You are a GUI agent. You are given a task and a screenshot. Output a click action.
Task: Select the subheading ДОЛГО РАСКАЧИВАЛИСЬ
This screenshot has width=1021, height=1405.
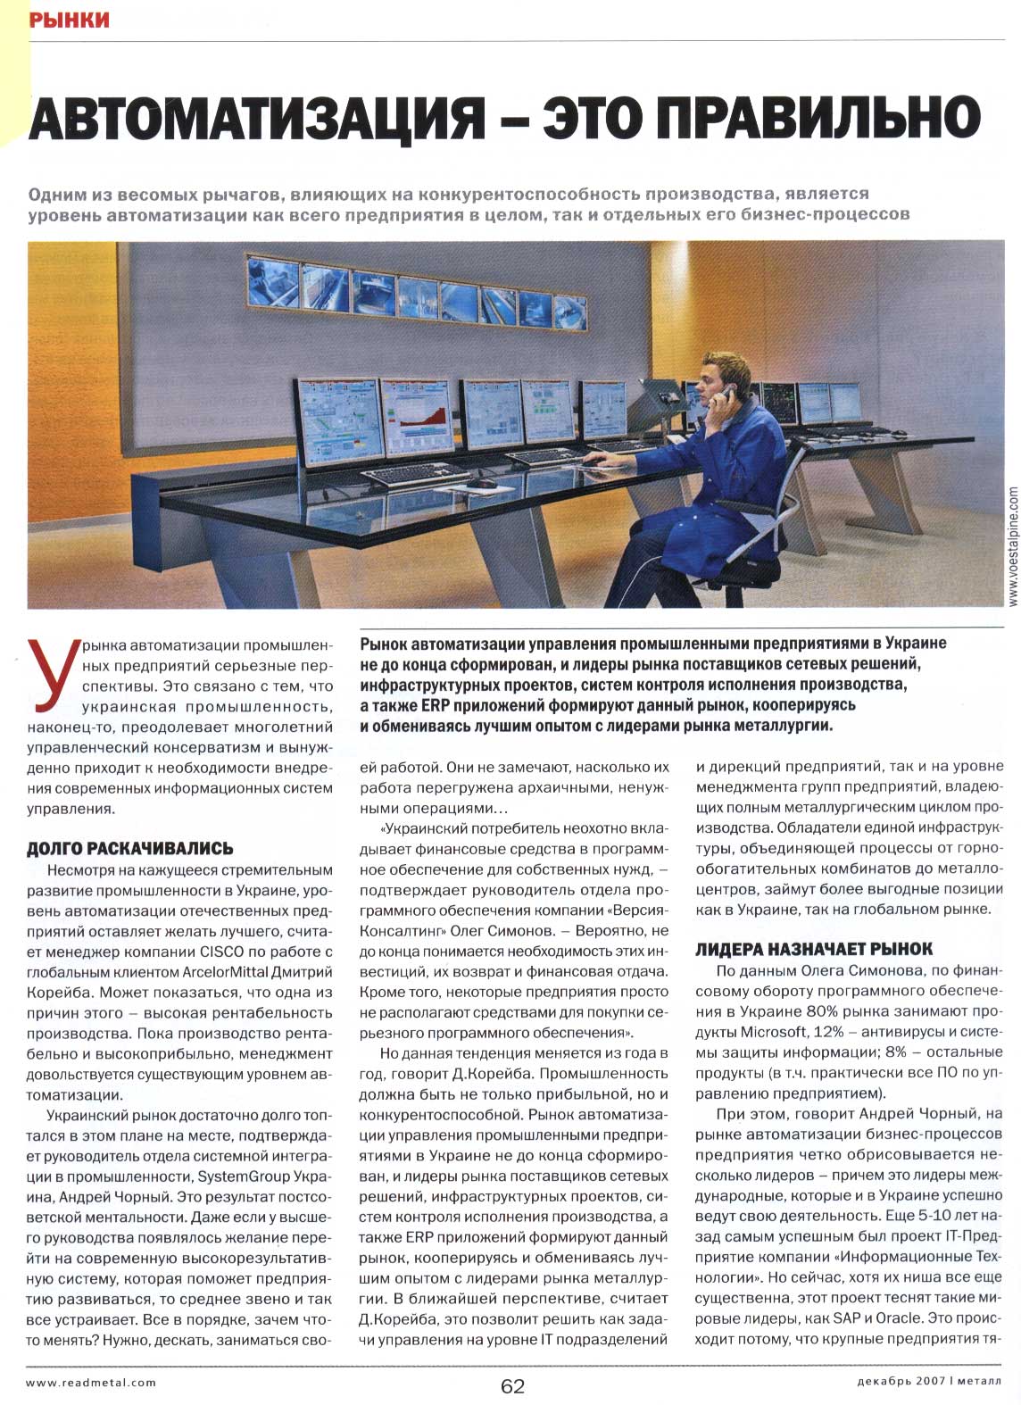(130, 848)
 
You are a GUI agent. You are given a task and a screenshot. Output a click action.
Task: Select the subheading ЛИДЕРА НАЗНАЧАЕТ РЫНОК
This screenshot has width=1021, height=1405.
(814, 949)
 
